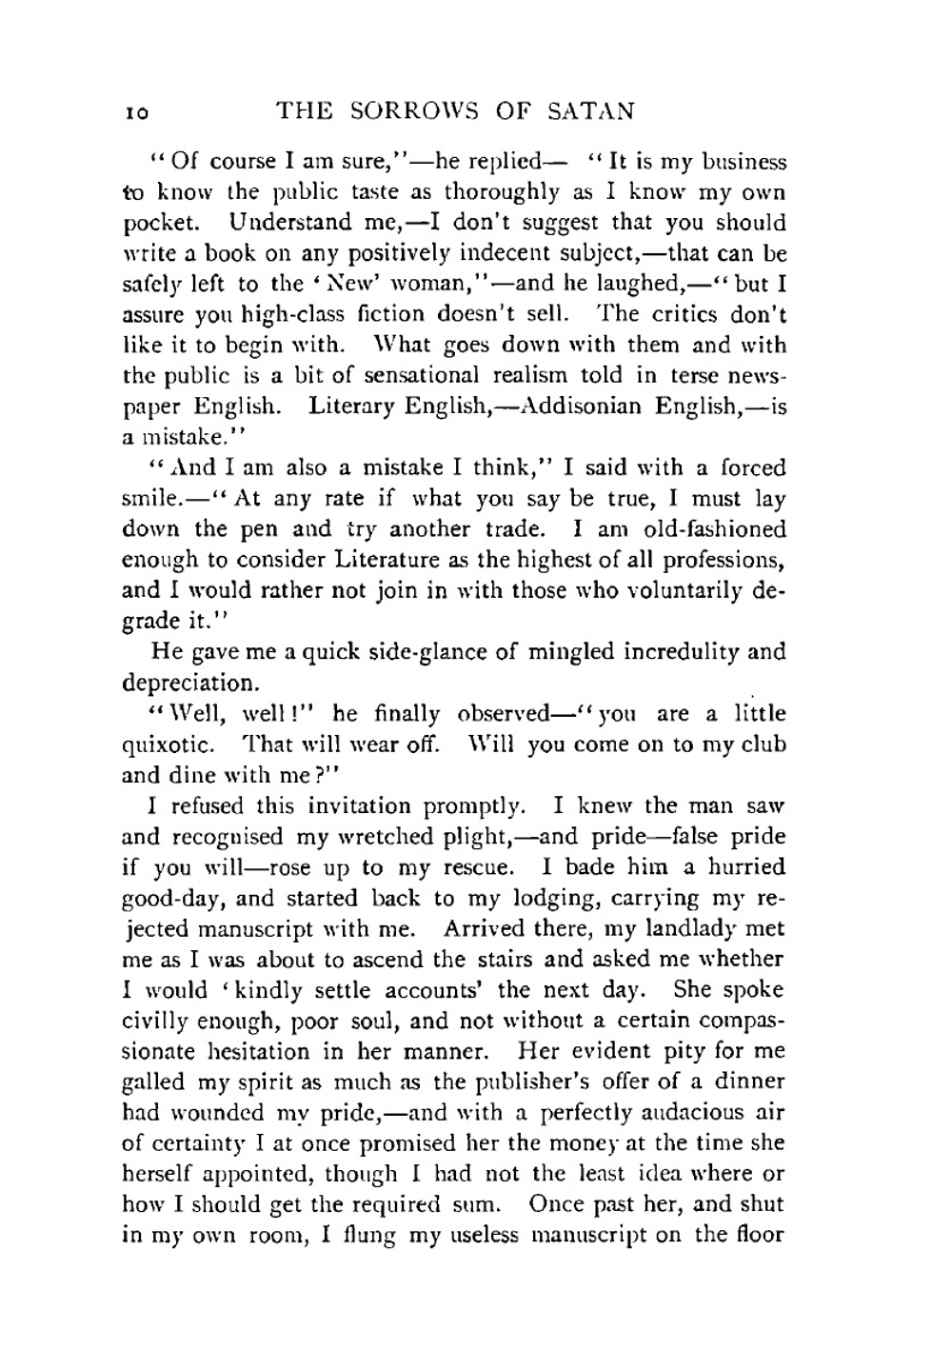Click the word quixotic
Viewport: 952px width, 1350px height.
pyautogui.click(x=169, y=745)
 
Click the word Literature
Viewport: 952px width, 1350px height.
pyautogui.click(x=377, y=560)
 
